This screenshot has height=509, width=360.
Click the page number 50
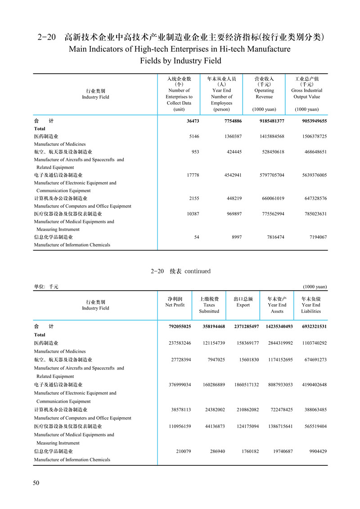36,483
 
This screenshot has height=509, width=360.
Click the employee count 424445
233,152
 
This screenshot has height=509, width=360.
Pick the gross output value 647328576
309,198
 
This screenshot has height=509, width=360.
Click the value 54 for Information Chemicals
196,237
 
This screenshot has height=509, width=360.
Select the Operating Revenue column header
264,94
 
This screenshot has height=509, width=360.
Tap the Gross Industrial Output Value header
306,94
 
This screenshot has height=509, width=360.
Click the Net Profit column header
175,302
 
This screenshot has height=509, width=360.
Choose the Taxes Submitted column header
209,305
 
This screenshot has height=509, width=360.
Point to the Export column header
243,302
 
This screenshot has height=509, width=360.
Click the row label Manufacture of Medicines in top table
60,144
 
